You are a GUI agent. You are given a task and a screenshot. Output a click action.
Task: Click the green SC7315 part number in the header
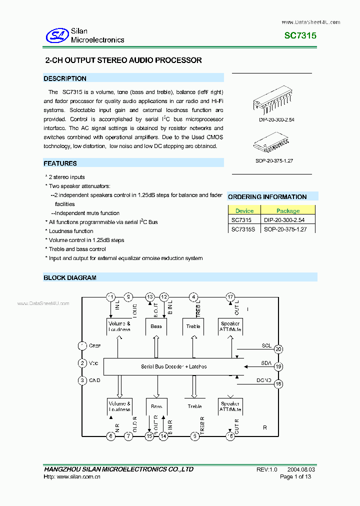click(x=300, y=36)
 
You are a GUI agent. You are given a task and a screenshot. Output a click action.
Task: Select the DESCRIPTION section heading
click(x=65, y=78)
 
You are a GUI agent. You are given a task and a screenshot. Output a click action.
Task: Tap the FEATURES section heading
click(x=60, y=163)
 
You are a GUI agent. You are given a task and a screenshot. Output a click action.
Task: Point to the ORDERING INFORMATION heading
click(x=267, y=197)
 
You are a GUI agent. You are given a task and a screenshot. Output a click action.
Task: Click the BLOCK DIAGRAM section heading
click(x=70, y=277)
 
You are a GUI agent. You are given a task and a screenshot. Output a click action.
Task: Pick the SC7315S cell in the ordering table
click(x=243, y=229)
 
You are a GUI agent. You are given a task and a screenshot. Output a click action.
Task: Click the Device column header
click(x=244, y=210)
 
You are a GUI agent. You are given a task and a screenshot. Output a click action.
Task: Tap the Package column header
click(x=288, y=210)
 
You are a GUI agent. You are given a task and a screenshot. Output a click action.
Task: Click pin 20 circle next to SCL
click(x=278, y=349)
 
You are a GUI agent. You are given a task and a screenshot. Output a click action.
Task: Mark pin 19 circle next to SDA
click(x=278, y=366)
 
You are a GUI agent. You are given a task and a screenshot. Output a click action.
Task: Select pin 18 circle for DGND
click(x=278, y=384)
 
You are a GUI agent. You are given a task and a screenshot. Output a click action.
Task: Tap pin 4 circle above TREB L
click(x=193, y=297)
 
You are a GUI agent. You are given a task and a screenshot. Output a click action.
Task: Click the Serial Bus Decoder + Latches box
click(x=173, y=366)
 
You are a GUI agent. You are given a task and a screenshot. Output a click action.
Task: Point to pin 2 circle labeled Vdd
click(x=82, y=363)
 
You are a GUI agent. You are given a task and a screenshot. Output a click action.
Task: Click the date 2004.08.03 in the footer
click(x=301, y=469)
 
